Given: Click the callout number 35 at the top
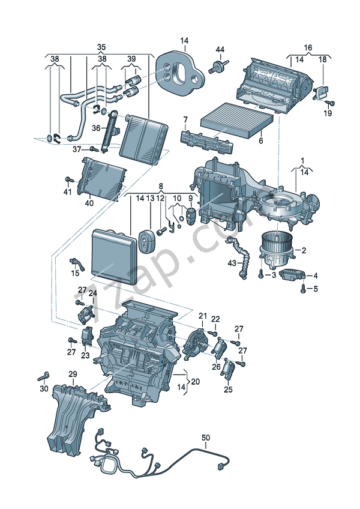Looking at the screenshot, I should coord(101,47).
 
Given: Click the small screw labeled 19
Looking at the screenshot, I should coord(333,103).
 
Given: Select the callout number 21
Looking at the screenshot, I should coord(202,316).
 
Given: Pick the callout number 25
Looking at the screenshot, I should coord(228,390).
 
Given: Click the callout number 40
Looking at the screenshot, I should coord(89,202).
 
